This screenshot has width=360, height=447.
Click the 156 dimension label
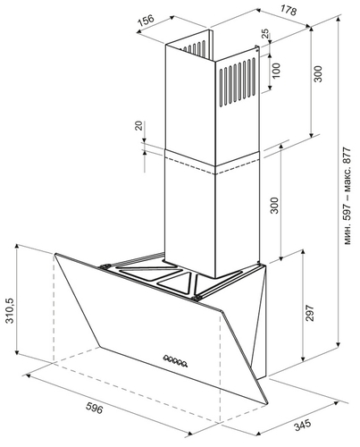pyautogui.click(x=147, y=21)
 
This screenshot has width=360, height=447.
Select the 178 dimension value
pyautogui.click(x=289, y=11)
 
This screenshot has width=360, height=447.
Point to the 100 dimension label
pyautogui.click(x=276, y=71)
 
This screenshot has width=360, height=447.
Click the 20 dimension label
pyautogui.click(x=139, y=125)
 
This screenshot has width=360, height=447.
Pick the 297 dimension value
pyautogui.click(x=310, y=313)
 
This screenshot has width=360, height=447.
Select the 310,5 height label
pyautogui.click(x=11, y=311)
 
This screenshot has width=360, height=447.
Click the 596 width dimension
pyautogui.click(x=94, y=408)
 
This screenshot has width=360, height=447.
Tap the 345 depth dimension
pyautogui.click(x=303, y=425)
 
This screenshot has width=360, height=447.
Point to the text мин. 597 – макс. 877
pyautogui.click(x=347, y=196)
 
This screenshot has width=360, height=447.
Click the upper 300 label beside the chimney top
pyautogui.click(x=318, y=74)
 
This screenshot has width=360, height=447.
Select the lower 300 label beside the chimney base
pyautogui.click(x=274, y=206)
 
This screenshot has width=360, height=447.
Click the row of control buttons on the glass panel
pyautogui.click(x=175, y=361)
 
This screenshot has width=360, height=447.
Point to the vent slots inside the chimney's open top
pyautogui.click(x=195, y=47)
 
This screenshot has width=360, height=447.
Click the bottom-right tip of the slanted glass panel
pyautogui.click(x=267, y=404)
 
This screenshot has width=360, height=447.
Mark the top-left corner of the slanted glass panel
pyautogui.click(x=55, y=254)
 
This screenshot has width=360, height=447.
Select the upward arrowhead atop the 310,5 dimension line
pyautogui.click(x=17, y=246)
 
